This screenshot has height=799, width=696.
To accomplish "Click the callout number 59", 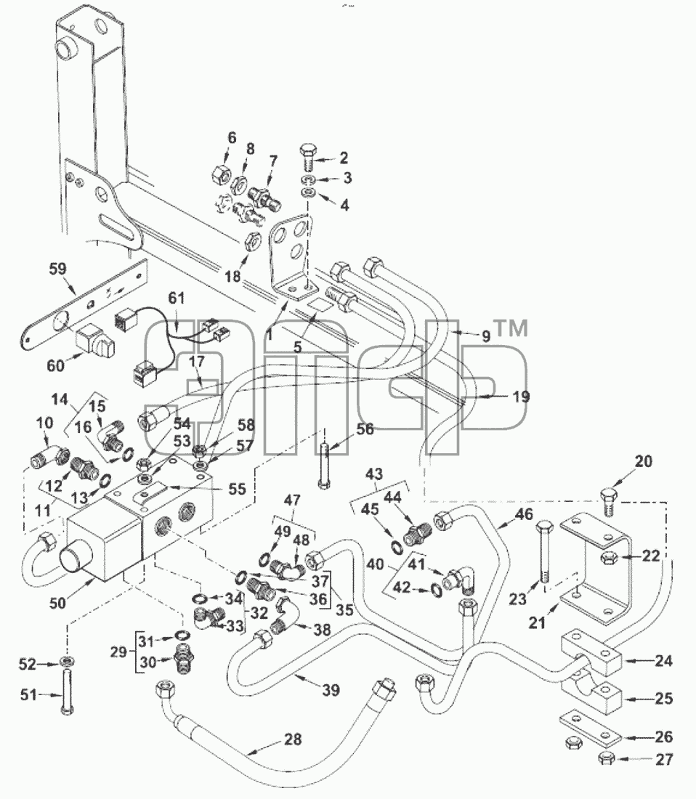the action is click(57, 268).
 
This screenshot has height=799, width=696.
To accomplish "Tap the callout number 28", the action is click(293, 739).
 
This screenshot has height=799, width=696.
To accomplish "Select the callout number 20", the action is click(644, 461).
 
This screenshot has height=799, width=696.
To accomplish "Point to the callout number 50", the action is click(57, 603).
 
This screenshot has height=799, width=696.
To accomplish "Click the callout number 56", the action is click(365, 429).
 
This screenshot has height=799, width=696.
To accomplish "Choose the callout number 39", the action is click(331, 690).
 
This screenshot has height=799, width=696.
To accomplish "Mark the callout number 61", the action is click(177, 297).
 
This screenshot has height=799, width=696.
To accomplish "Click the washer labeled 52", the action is click(65, 662).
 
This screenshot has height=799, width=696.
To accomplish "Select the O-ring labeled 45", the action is click(396, 547).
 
